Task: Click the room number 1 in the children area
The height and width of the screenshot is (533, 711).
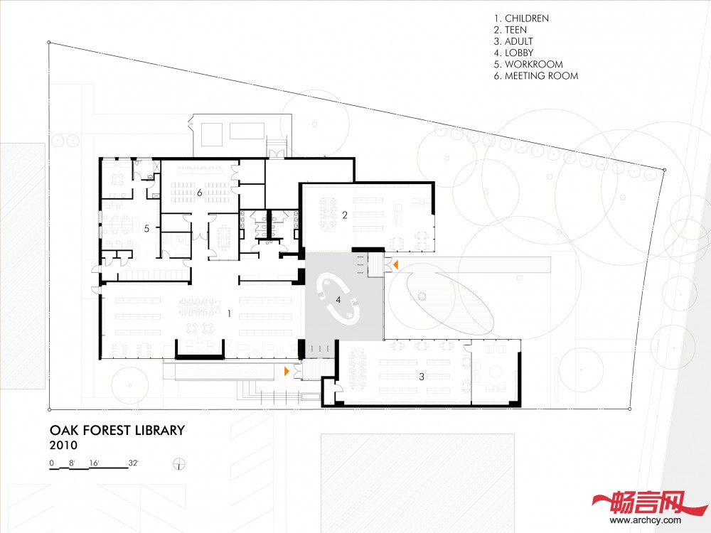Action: point(229,313)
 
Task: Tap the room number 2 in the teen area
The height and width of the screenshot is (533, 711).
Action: point(345,215)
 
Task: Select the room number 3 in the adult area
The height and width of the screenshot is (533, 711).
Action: point(422,376)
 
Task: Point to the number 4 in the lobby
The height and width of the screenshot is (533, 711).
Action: point(338,300)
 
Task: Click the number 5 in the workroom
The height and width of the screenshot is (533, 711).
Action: point(146,228)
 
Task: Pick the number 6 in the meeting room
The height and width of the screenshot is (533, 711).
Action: point(199,193)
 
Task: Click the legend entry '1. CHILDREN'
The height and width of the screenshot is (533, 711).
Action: point(521,18)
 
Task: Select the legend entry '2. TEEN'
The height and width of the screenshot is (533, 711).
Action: point(510,30)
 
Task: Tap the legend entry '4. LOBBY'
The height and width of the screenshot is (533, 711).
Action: point(514,53)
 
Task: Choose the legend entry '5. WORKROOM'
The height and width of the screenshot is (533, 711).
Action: point(528,65)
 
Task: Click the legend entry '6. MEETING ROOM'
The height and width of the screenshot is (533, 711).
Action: point(536,76)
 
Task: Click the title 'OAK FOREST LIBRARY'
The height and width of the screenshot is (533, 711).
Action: point(117,430)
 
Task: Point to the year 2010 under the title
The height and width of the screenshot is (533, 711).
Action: point(63,445)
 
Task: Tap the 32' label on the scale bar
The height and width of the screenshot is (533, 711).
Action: point(134,463)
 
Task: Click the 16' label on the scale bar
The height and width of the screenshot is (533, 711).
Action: point(95,463)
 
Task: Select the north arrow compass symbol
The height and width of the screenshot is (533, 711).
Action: point(180,464)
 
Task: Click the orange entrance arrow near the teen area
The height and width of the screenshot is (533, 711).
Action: point(395,264)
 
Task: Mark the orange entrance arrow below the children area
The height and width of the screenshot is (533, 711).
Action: point(287,371)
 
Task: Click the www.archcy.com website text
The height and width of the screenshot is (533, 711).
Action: point(646,520)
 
